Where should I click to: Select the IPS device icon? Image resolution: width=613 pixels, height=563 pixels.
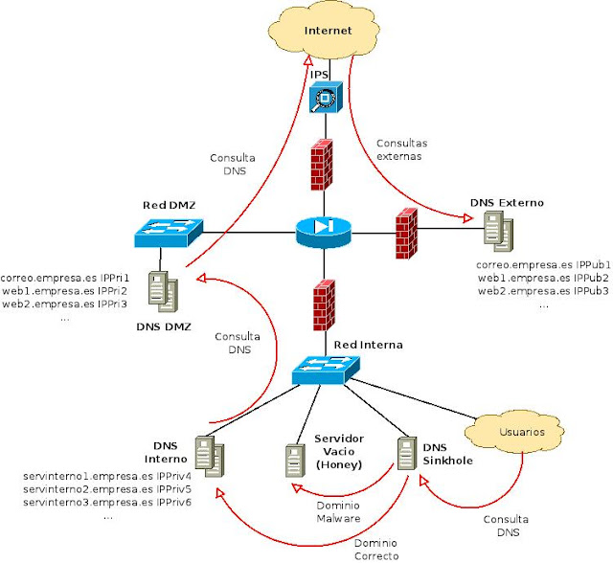[x=326, y=98]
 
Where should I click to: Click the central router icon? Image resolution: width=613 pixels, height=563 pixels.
[x=324, y=231]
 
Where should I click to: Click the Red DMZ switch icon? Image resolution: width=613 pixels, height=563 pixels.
[x=169, y=230]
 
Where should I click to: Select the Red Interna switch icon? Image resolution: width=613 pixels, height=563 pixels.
[x=327, y=368]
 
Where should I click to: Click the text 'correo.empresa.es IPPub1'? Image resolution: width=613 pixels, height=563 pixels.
[x=542, y=263]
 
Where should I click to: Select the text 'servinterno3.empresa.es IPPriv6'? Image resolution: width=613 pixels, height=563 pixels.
[x=107, y=502]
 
